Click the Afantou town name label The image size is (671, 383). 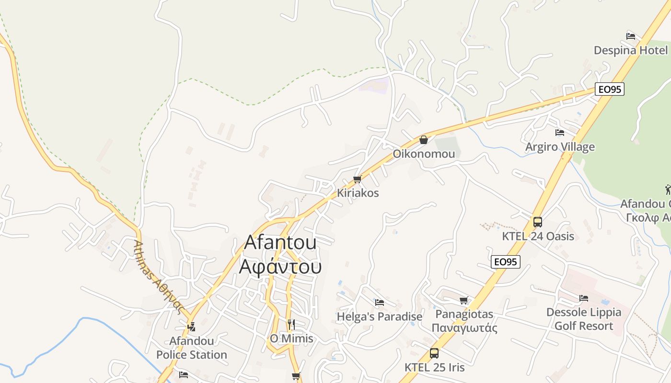(280, 242)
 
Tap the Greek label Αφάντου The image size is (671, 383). (280, 267)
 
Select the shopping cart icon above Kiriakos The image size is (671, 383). (357, 180)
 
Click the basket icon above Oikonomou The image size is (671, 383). (424, 140)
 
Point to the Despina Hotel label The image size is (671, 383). (631, 50)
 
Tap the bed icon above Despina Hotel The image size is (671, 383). (631, 36)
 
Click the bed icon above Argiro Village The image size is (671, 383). (560, 133)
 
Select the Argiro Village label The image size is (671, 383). (560, 147)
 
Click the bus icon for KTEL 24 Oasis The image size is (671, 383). (538, 222)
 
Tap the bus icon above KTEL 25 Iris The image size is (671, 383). (434, 353)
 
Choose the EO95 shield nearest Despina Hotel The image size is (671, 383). (610, 89)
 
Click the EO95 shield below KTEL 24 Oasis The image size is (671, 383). (506, 262)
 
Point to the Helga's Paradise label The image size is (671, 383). (380, 317)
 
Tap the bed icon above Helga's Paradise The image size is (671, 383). (380, 303)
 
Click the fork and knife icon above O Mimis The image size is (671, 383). (291, 324)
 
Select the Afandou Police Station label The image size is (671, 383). (192, 348)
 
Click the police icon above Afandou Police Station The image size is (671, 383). (192, 327)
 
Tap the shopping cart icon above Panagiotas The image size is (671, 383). (463, 301)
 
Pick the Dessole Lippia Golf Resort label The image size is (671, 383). (584, 319)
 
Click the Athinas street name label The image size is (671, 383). (159, 276)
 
